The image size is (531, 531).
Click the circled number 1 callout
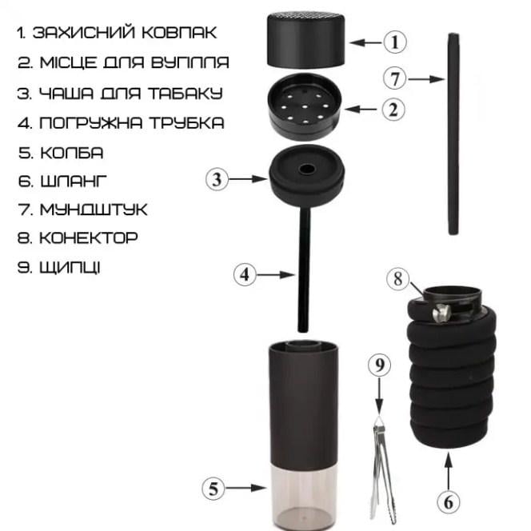click(395, 42)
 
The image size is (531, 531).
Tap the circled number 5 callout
click(214, 489)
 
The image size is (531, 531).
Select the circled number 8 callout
click(398, 279)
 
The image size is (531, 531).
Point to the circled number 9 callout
click(379, 365)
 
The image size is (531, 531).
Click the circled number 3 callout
click(217, 179)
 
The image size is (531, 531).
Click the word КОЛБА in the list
click(72, 153)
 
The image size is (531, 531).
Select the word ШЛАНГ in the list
click(74, 182)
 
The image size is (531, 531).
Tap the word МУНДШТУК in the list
click(94, 210)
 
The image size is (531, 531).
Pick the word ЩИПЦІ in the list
click(70, 268)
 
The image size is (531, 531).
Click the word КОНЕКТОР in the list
click(89, 238)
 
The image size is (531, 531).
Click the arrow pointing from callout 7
click(427, 79)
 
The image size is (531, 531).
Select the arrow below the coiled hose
click(449, 470)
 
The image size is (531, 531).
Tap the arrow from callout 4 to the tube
click(276, 274)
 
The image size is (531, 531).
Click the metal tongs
click(383, 471)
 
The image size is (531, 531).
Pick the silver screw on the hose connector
click(442, 313)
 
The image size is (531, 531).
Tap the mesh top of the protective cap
click(306, 15)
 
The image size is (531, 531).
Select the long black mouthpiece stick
click(453, 134)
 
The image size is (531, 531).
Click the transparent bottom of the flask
click(303, 496)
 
